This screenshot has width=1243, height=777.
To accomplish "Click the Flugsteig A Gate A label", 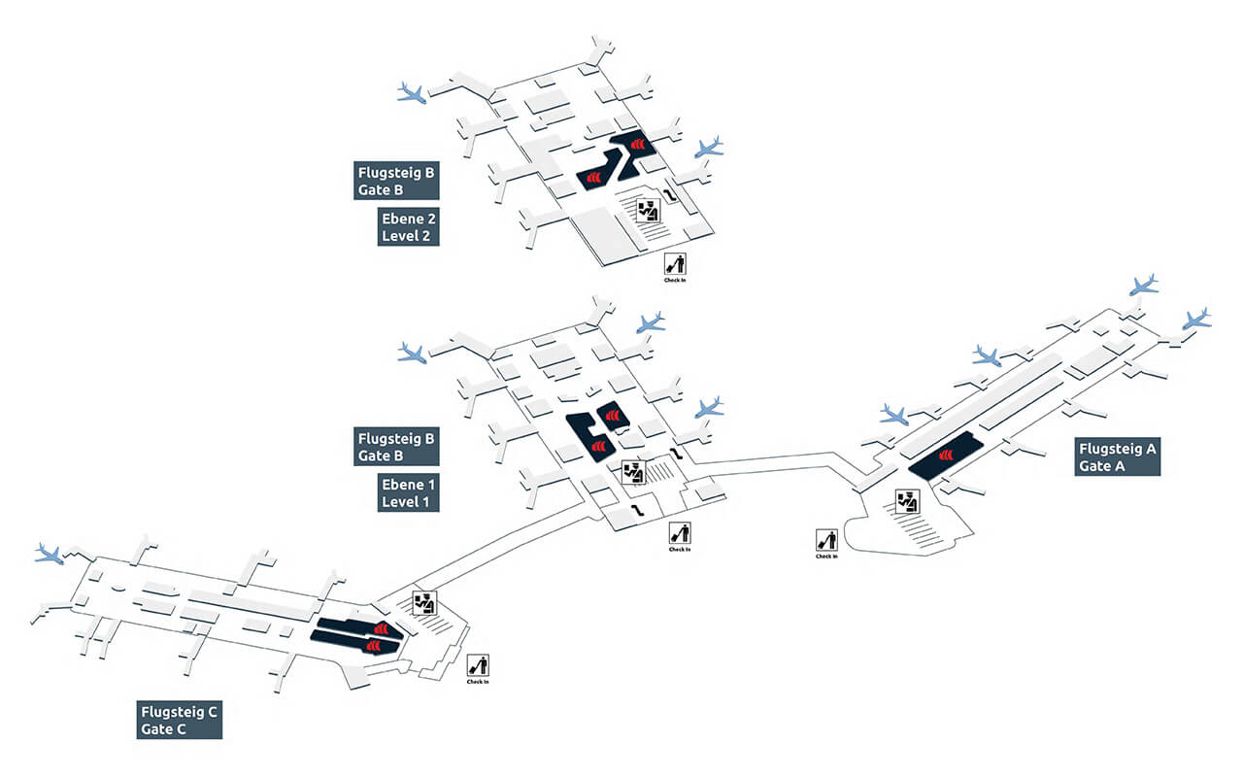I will pos(1119,456).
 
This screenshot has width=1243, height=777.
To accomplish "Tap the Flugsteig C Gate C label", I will pos(179,720).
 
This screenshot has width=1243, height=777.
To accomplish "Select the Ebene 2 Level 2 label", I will pos(408,226).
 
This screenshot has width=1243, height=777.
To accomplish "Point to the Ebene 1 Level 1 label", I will pos(408,492).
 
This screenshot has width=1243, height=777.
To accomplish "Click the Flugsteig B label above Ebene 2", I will pos(396,182).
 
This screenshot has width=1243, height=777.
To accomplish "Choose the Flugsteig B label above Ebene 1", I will pos(396,446).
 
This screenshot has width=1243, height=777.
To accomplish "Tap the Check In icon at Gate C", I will pos(478,665).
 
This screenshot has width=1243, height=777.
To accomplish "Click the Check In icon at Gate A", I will pos(827,540).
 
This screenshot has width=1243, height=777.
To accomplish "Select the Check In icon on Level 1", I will pos(680,532).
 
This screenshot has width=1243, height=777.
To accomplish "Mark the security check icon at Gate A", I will pos(907,501).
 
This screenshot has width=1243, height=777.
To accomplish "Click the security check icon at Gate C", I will pos(424,602).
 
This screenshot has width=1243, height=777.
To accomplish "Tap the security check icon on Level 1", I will pos(633,472).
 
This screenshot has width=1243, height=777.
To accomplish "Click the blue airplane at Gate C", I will pos(49,554).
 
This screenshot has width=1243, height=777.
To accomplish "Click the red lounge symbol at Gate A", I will pos(943,457).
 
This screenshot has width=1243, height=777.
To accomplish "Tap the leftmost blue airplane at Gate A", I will pos(893,416).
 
